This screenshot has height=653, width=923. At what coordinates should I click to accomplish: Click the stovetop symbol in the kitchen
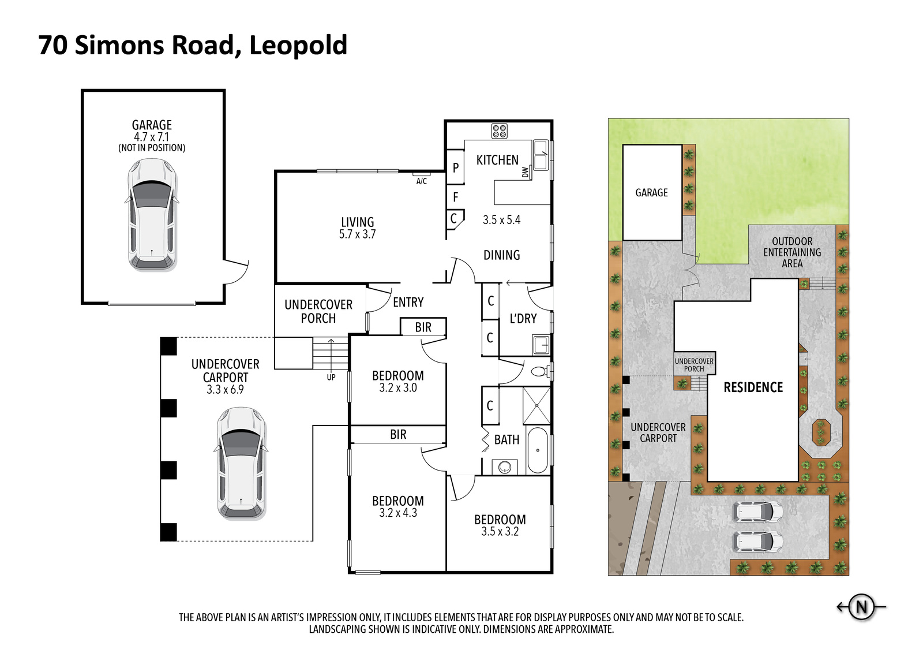(499, 130)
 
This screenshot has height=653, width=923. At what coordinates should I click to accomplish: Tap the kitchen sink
(540, 155)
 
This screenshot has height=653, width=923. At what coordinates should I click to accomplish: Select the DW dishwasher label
(525, 172)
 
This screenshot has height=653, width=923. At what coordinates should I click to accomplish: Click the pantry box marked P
(455, 167)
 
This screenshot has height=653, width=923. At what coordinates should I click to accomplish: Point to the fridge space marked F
(455, 197)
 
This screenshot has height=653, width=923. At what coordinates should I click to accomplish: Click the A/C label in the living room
(421, 181)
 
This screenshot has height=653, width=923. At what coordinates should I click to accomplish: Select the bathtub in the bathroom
(537, 450)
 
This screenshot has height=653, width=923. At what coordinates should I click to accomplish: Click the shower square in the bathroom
(536, 405)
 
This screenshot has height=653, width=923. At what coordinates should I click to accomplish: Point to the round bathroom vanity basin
(505, 467)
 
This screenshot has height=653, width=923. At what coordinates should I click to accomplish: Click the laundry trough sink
(541, 345)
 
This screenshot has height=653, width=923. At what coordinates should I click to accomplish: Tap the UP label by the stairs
(331, 377)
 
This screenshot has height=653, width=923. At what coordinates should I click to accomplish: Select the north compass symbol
(861, 606)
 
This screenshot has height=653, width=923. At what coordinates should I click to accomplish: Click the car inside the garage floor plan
(152, 215)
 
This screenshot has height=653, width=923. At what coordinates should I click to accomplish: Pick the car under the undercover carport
(241, 463)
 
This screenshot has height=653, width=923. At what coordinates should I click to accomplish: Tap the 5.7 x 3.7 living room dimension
(357, 234)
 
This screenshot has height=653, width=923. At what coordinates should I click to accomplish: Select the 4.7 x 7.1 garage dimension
(152, 136)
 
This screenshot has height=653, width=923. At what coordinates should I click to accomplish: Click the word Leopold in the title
(298, 46)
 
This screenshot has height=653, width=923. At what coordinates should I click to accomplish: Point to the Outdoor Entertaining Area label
(792, 252)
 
